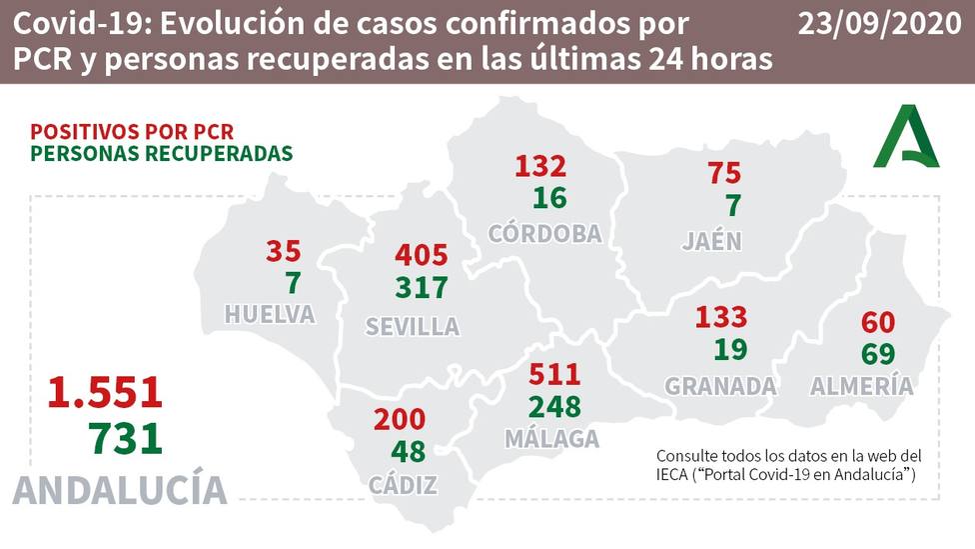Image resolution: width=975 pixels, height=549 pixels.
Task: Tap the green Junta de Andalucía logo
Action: [906, 137]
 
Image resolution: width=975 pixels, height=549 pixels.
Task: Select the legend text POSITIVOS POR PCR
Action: [132, 131]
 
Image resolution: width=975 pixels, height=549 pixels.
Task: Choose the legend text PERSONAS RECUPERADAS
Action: [161, 154]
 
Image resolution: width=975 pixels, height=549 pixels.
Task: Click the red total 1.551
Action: [105, 391]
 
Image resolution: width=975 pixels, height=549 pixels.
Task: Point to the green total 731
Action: [124, 438]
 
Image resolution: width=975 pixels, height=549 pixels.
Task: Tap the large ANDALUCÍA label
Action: [120, 490]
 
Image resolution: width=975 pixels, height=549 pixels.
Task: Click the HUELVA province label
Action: [270, 314]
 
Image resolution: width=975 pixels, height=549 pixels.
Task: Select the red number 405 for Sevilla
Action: [422, 254]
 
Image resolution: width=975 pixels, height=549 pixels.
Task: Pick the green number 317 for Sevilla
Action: [421, 288]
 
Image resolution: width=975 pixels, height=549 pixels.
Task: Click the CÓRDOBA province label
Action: [545, 234]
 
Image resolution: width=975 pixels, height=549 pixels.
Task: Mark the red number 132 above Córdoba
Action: [540, 165]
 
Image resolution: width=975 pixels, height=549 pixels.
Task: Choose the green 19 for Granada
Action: [731, 351]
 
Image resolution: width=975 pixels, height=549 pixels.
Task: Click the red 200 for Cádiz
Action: [400, 419]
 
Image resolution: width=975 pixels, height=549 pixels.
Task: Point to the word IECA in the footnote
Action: [672, 472]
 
